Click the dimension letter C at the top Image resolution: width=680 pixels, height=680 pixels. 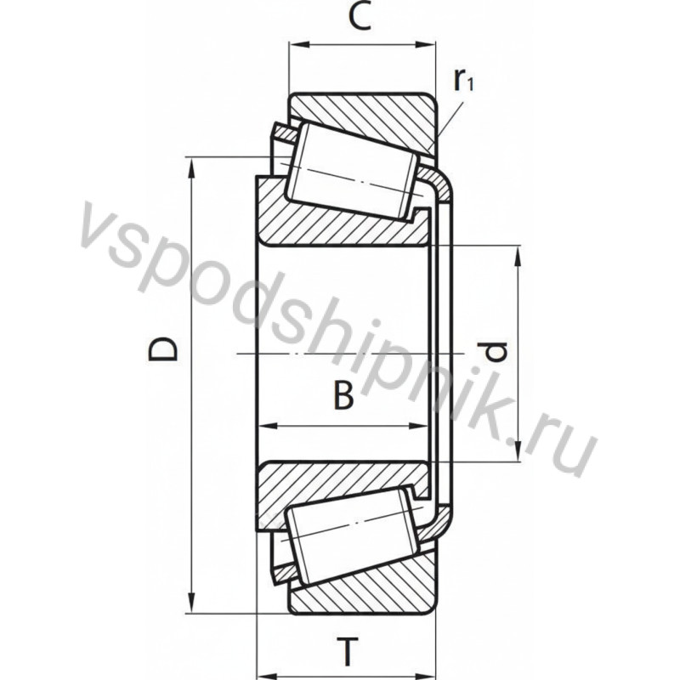tap(360, 19)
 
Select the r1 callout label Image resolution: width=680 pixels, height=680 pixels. tap(463, 80)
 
